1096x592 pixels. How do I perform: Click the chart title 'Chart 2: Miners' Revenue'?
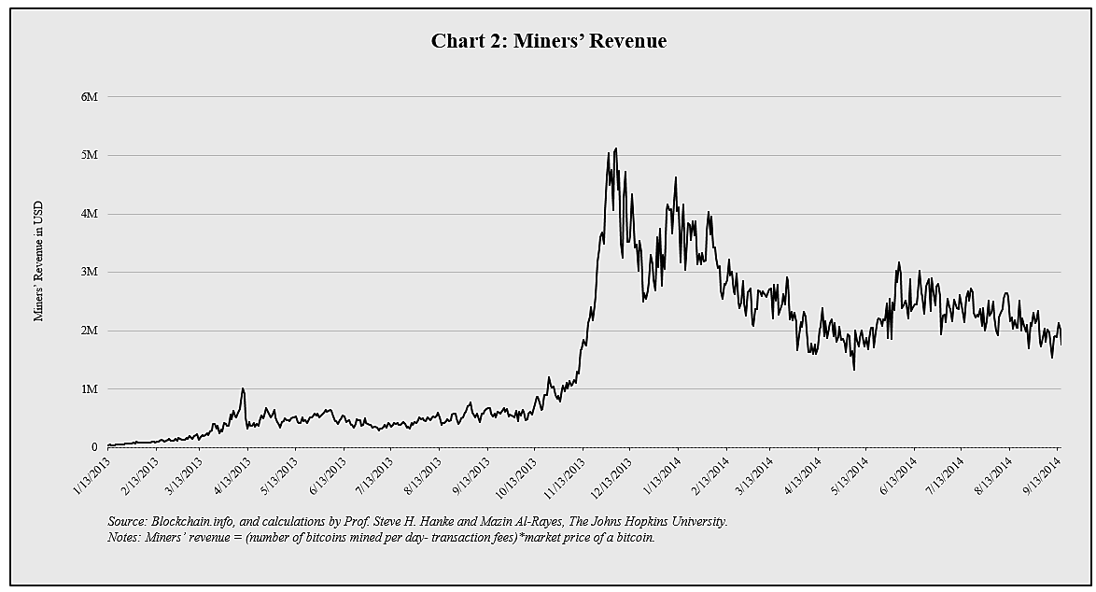tap(548, 41)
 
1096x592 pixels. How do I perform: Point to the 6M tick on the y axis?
tap(90, 97)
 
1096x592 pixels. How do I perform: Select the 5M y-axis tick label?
tap(90, 155)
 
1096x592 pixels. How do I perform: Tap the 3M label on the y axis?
tap(90, 272)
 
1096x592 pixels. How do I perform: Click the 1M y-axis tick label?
tap(90, 388)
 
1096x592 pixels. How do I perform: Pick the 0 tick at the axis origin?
tap(94, 447)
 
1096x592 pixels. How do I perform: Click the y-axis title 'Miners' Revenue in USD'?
tap(39, 261)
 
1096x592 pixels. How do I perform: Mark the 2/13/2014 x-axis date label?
tap(710, 476)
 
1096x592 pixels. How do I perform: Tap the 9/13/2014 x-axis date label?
tap(1042, 476)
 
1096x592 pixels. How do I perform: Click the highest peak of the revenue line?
tap(615, 148)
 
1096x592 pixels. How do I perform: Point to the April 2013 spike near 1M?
tap(243, 389)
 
